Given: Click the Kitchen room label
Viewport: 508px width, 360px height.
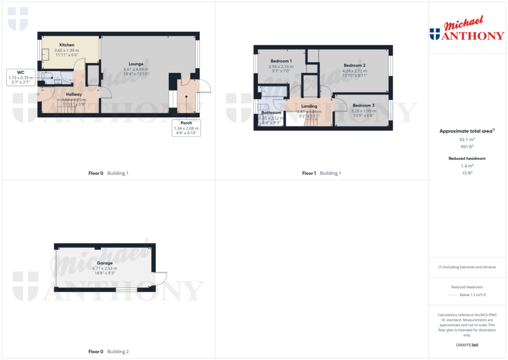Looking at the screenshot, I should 67,45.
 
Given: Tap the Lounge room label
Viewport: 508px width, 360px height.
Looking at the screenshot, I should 136,64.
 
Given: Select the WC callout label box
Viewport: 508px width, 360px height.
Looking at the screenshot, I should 21,77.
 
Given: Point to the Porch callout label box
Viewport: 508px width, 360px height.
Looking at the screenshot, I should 187,128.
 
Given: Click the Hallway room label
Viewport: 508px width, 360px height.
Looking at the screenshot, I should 74,94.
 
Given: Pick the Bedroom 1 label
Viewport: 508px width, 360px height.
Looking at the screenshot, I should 281,61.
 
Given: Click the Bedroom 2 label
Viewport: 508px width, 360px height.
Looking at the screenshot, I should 354,66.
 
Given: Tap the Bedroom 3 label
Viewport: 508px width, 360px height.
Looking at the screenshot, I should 364,105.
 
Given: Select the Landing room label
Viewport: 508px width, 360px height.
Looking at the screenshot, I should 309,106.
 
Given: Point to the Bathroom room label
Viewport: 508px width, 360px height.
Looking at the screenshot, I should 271,113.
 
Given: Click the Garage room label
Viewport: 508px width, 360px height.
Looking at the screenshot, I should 105,263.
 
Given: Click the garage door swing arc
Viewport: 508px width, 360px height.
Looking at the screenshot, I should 162,279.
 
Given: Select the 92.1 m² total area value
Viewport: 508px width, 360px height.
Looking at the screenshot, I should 466,140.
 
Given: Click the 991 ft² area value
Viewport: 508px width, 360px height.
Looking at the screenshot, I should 466,146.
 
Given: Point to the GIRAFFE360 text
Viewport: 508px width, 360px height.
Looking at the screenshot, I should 466,345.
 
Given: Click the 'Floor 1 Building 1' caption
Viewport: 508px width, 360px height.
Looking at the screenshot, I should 321,173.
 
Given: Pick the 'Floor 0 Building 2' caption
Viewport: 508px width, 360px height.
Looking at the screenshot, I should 108,352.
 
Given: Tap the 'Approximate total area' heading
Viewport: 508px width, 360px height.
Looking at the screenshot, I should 466,131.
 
